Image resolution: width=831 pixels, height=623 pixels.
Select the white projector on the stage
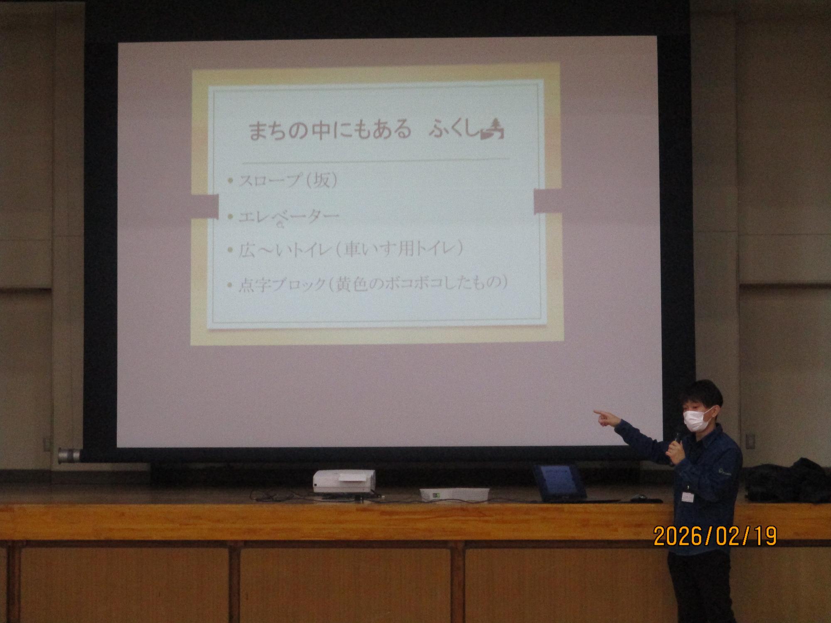[344, 481]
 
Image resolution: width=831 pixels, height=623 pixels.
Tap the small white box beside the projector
[454, 494]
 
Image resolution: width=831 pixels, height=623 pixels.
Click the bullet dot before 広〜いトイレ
[231, 250]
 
